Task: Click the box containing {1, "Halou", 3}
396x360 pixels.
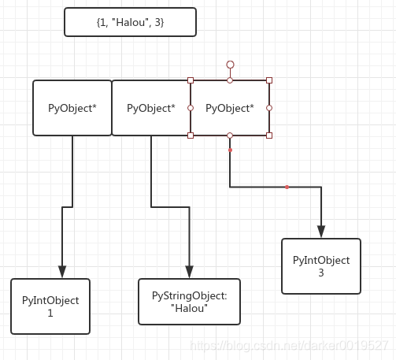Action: tap(130, 22)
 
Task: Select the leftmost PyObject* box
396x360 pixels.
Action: tap(72, 108)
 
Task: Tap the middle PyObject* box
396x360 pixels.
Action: tap(151, 108)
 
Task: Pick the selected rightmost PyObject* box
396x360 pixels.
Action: tap(230, 108)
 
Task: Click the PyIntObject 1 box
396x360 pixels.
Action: tap(50, 306)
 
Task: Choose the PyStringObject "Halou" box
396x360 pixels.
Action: tap(189, 302)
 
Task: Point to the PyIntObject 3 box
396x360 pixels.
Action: tap(321, 266)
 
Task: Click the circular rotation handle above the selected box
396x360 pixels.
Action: tap(230, 65)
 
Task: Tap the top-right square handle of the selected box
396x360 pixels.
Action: tap(269, 80)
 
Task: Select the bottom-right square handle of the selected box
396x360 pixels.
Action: tap(269, 135)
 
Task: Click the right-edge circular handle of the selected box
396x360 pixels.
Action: tap(269, 108)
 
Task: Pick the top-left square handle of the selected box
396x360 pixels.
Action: tap(191, 80)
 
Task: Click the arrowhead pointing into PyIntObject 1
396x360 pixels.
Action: tap(62, 272)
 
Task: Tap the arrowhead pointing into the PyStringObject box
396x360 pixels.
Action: tap(189, 272)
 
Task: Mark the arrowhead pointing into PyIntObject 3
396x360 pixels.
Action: tap(321, 232)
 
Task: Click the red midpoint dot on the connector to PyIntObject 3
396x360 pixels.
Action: tap(287, 187)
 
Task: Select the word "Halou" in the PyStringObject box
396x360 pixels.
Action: tap(189, 308)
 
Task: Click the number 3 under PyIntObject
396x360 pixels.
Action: tap(321, 273)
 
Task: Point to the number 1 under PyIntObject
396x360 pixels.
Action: tap(50, 313)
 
